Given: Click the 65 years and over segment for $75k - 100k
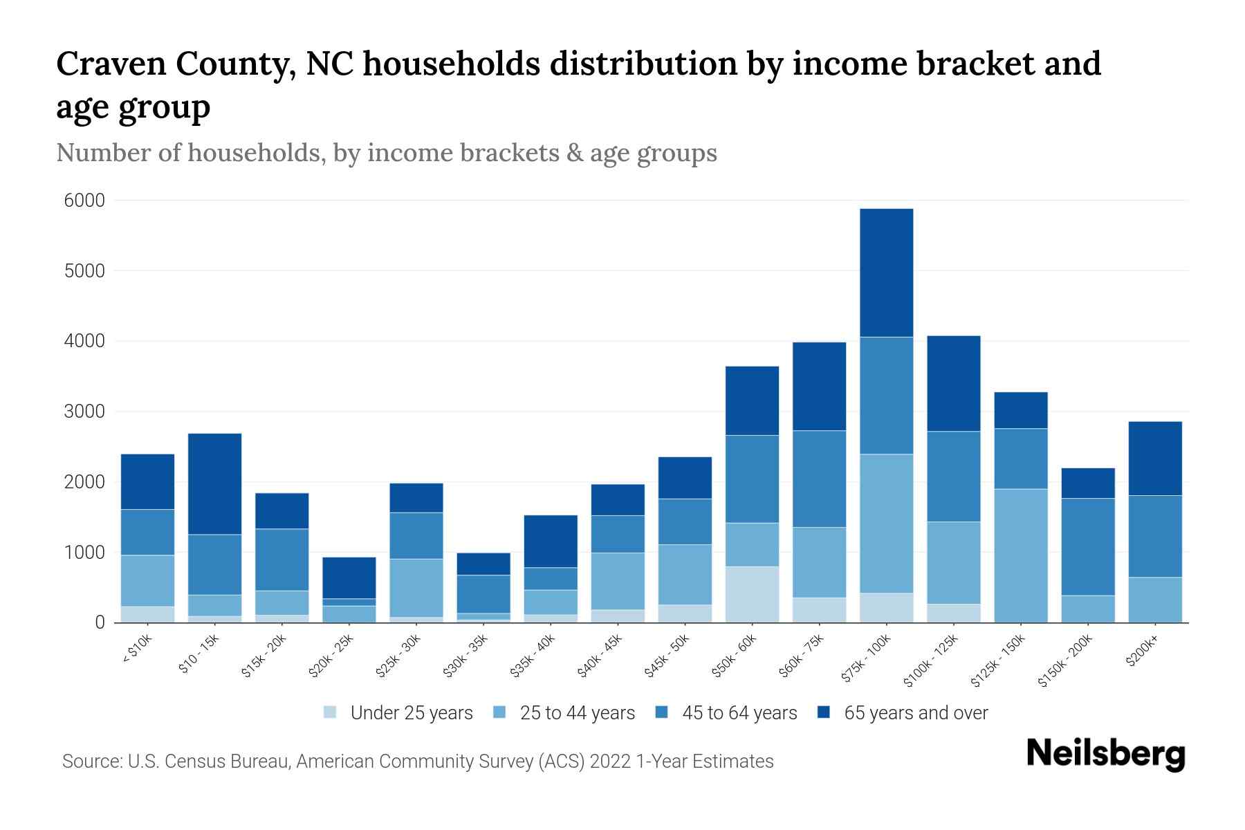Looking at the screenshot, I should pyautogui.click(x=886, y=273).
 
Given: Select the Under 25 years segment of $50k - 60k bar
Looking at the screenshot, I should pyautogui.click(x=752, y=594).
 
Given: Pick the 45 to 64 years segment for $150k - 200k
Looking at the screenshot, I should pyautogui.click(x=1087, y=546).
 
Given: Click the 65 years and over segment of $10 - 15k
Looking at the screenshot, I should pyautogui.click(x=214, y=483).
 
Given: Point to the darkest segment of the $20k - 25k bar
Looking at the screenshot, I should pyautogui.click(x=349, y=578).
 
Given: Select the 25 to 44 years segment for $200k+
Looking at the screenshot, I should pyautogui.click(x=1154, y=600).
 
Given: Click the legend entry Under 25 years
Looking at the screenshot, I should pyautogui.click(x=411, y=713).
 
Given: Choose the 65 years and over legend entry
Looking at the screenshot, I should pyautogui.click(x=915, y=713).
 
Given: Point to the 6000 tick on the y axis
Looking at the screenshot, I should pyautogui.click(x=84, y=201).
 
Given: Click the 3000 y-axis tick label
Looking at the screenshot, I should pyautogui.click(x=84, y=412).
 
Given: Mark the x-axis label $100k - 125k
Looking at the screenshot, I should pyautogui.click(x=930, y=661).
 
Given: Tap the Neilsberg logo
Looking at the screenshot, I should pyautogui.click(x=1105, y=754).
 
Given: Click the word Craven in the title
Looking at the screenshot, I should pyautogui.click(x=111, y=64).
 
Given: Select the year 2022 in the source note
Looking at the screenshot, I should pyautogui.click(x=609, y=762).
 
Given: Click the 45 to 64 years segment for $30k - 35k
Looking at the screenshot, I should pyautogui.click(x=483, y=594).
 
